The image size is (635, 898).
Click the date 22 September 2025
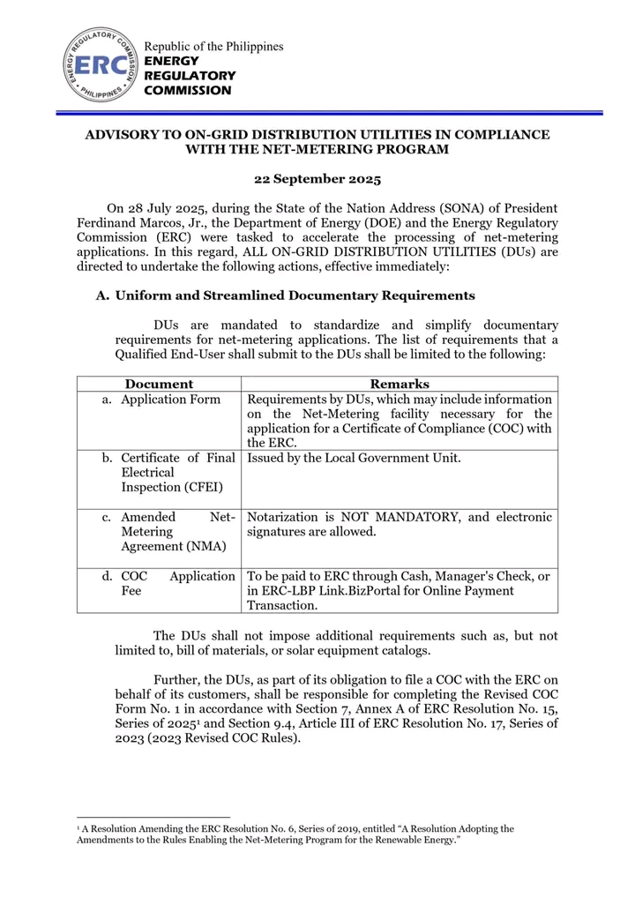coord(317,179)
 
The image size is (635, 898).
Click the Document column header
coord(159,384)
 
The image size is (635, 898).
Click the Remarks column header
coord(400,384)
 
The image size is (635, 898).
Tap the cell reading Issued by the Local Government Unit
coord(354,459)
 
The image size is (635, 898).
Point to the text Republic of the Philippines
coord(214,46)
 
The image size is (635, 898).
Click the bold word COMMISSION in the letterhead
coord(188,90)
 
